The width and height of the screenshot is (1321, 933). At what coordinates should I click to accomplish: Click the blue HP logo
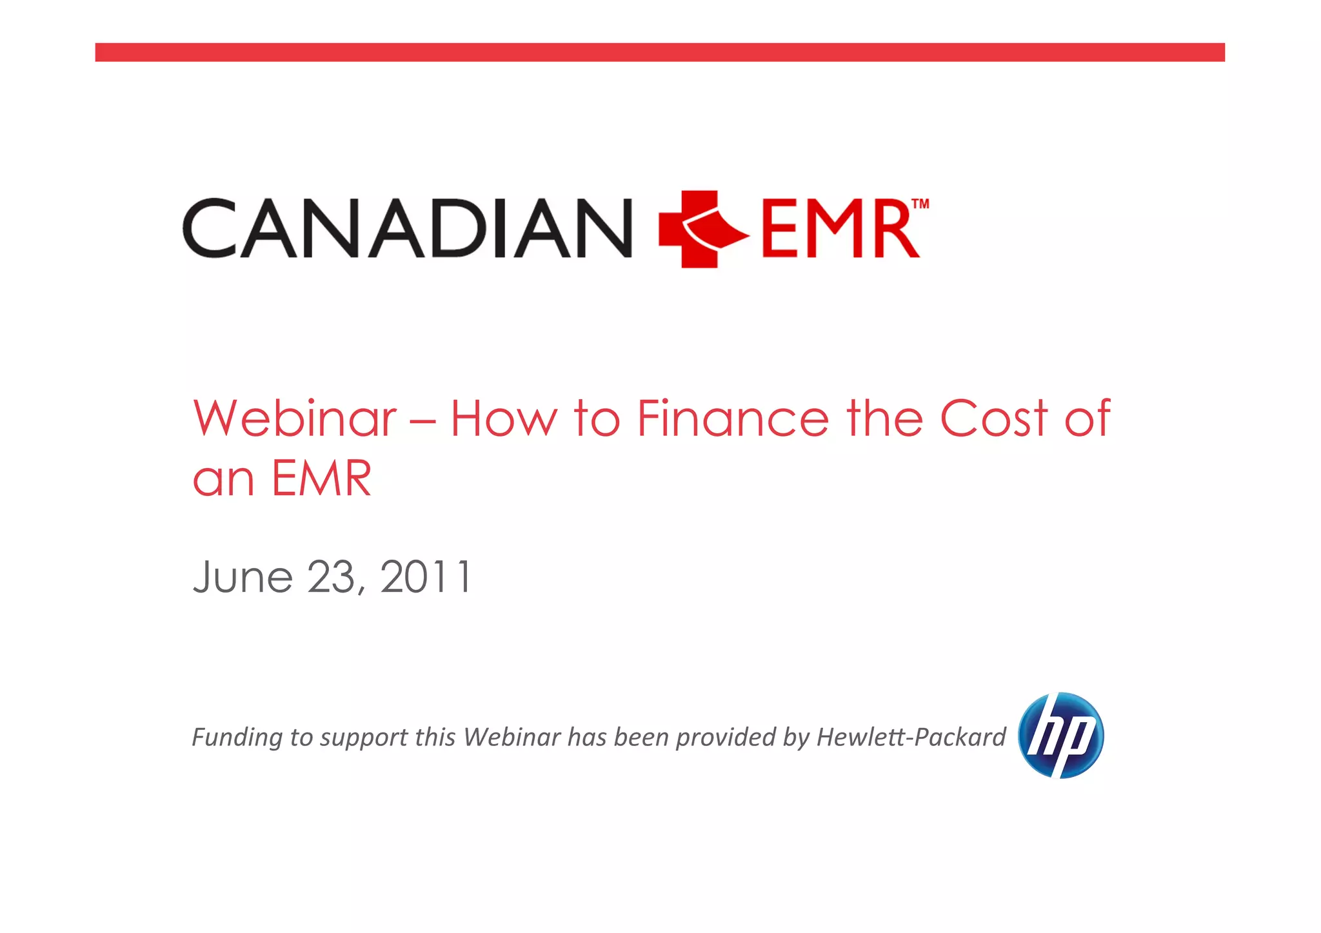pyautogui.click(x=1060, y=735)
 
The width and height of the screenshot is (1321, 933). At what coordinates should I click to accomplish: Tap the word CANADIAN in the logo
pyautogui.click(x=408, y=228)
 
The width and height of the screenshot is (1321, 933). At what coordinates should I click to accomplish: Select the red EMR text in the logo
pyautogui.click(x=840, y=230)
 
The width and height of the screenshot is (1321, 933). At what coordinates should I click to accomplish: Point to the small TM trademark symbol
pyautogui.click(x=920, y=204)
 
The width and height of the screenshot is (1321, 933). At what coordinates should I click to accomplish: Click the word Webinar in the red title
pyautogui.click(x=295, y=418)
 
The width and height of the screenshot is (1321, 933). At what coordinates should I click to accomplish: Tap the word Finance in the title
pyautogui.click(x=733, y=418)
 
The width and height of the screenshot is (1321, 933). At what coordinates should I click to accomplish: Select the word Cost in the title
pyautogui.click(x=993, y=418)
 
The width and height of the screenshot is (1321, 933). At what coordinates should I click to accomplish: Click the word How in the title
pyautogui.click(x=503, y=418)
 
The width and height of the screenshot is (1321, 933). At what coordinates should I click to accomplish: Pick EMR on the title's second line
pyautogui.click(x=321, y=478)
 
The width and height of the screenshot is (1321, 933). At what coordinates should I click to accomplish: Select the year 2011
pyautogui.click(x=426, y=576)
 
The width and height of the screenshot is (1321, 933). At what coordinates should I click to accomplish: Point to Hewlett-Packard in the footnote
pyautogui.click(x=911, y=737)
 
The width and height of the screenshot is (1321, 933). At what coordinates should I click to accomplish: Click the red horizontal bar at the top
pyautogui.click(x=660, y=52)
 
